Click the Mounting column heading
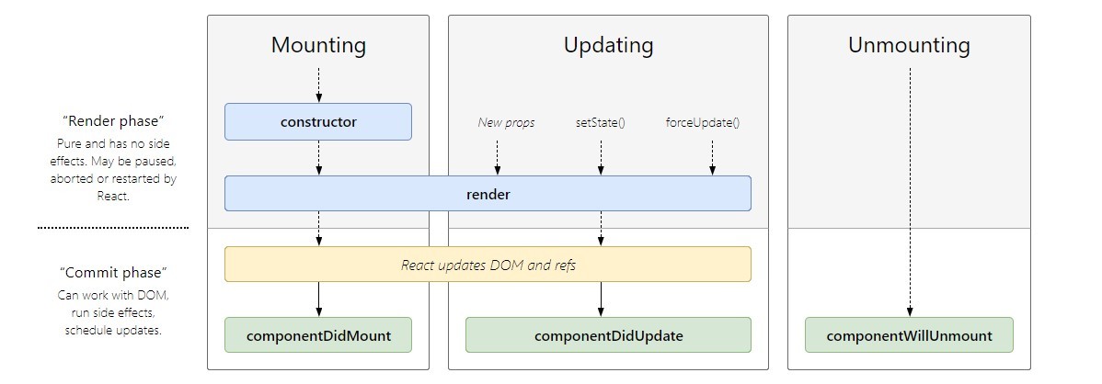[318, 45]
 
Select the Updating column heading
[608, 45]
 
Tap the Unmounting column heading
[909, 45]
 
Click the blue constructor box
[318, 121]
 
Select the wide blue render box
[488, 194]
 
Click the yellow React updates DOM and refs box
[488, 265]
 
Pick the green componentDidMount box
[318, 335]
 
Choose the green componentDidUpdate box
[608, 335]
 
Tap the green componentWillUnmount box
[909, 335]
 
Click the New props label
[506, 122]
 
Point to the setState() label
[600, 122]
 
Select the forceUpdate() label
[703, 122]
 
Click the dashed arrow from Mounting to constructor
[318, 84]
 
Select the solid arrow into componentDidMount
[318, 299]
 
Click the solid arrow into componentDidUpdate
[601, 299]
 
